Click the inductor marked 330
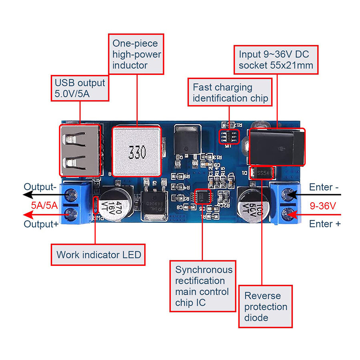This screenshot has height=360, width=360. (136, 152)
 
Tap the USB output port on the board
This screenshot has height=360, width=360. (80, 150)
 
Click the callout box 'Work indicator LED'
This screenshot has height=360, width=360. (98, 255)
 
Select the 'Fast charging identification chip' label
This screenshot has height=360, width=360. (230, 93)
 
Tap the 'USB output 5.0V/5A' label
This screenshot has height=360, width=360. (80, 88)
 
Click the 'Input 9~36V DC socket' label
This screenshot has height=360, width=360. (276, 60)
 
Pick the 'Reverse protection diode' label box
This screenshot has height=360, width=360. (266, 306)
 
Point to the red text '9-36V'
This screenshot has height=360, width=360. (323, 205)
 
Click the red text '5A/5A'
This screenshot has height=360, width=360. (44, 205)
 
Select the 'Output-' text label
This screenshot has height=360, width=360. (40, 187)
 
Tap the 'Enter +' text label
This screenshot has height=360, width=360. (324, 224)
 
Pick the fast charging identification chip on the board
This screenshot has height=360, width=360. (229, 137)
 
